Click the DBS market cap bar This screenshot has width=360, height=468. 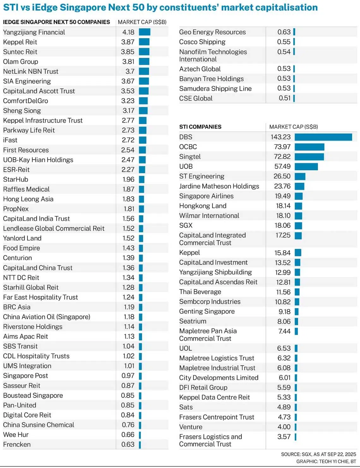[323, 137]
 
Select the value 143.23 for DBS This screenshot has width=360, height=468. [280, 137]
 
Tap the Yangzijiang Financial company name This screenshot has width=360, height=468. [34, 32]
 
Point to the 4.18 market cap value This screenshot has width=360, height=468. [128, 32]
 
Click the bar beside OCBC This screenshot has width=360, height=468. [309, 147]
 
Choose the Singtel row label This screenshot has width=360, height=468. [190, 157]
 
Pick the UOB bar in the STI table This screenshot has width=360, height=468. [306, 167]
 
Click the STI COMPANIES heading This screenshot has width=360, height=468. [200, 127]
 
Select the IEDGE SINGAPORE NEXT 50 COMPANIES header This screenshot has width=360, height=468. [57, 22]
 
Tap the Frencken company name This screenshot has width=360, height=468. [17, 444]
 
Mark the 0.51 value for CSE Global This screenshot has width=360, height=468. [285, 98]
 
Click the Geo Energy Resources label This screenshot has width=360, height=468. [212, 32]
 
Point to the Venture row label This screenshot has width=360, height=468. [191, 427]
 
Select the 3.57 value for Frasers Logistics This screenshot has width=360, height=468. [284, 437]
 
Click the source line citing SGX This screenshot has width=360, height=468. [318, 454]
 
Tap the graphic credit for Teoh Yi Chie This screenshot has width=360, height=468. [326, 461]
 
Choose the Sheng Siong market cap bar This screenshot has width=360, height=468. [143, 111]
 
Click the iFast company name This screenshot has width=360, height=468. [10, 140]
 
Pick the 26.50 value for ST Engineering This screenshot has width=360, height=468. [282, 176]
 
